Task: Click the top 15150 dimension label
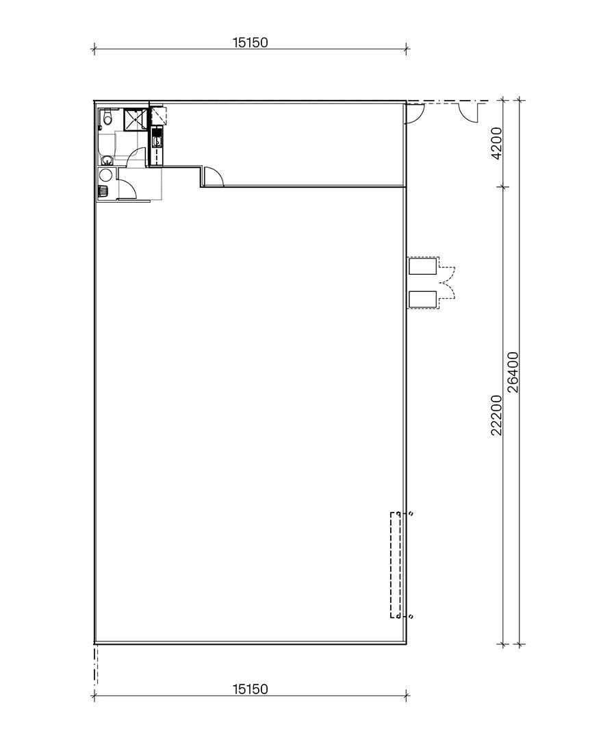pyautogui.click(x=250, y=42)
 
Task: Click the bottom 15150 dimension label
pyautogui.click(x=250, y=689)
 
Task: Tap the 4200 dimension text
pyautogui.click(x=498, y=143)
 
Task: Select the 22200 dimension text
pyautogui.click(x=498, y=415)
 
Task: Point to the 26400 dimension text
pyautogui.click(x=514, y=372)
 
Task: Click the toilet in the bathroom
pyautogui.click(x=105, y=119)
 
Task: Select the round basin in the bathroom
pyautogui.click(x=107, y=160)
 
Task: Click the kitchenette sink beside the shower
pyautogui.click(x=157, y=141)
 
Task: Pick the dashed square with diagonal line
pyautogui.click(x=158, y=115)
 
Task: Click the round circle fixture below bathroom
pyautogui.click(x=105, y=175)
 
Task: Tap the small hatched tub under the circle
pyautogui.click(x=104, y=191)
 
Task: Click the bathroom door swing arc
pyautogui.click(x=138, y=156)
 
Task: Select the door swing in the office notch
pyautogui.click(x=214, y=177)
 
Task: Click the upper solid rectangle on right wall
pyautogui.click(x=422, y=265)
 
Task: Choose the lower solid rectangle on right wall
pyautogui.click(x=422, y=299)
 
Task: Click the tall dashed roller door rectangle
pyautogui.click(x=395, y=565)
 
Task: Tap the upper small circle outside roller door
pyautogui.click(x=410, y=513)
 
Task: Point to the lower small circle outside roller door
pyautogui.click(x=410, y=617)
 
